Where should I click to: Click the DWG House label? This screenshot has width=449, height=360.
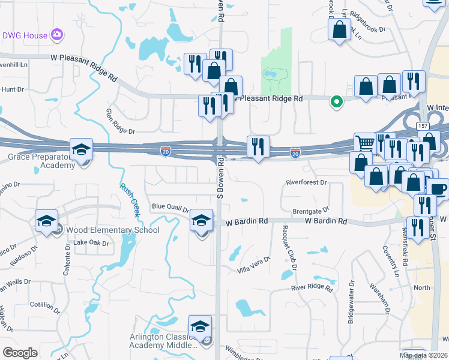(24, 35)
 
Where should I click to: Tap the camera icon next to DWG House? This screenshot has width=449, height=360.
(58, 35)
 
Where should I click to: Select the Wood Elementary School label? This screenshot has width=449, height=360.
(113, 230)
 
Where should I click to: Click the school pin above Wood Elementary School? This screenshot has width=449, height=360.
(46, 221)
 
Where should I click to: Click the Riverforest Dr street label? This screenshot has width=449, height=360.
(306, 182)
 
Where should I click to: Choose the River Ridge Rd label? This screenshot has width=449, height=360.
(312, 287)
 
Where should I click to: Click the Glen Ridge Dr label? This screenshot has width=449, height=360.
(121, 122)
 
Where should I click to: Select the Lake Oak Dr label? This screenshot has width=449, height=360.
(91, 243)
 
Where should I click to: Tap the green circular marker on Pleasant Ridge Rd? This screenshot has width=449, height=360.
(337, 102)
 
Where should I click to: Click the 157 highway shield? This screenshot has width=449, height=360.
(422, 125)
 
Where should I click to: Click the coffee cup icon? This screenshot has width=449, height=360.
(439, 189)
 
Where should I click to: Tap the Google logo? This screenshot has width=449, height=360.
(20, 352)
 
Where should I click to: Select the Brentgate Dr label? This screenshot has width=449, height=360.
(311, 211)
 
